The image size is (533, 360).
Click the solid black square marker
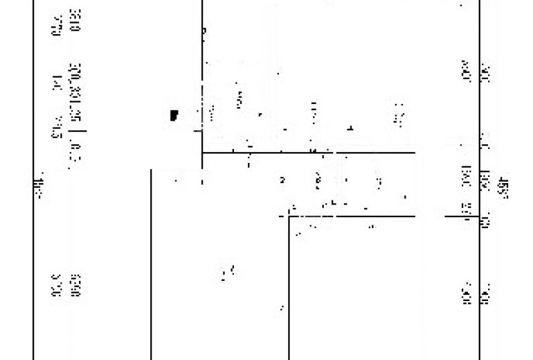tap(174, 115)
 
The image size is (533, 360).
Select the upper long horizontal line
tap(308, 153)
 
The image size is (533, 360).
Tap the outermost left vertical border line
tap(33, 268)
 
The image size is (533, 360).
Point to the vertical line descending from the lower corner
tap(289, 288)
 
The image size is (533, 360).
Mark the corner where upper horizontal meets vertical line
tap(202, 153)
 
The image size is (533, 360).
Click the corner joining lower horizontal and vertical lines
tap(289, 217)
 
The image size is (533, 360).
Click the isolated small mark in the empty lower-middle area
tap(228, 272)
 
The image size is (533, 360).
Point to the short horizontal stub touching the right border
tap(463, 216)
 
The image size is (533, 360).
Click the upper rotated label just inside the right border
tap(465, 70)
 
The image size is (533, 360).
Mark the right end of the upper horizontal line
tap(414, 153)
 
